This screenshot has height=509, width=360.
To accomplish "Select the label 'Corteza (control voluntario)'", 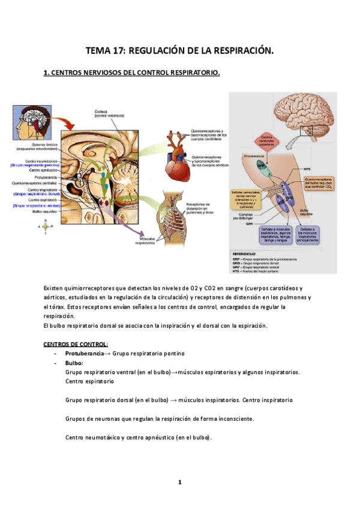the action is [108, 113].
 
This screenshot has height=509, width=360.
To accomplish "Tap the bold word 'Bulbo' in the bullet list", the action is [74, 363].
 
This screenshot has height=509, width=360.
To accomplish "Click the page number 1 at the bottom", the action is [179, 482].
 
